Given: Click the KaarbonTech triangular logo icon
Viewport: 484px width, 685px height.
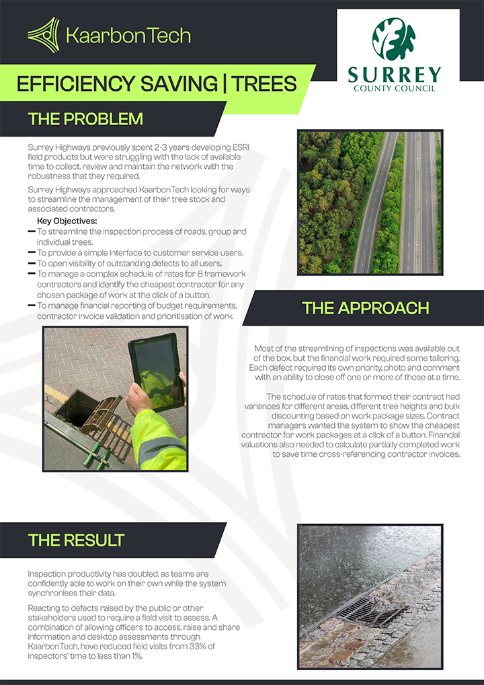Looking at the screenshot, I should coord(44,35).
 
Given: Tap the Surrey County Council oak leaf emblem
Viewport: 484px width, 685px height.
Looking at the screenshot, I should coord(394,39).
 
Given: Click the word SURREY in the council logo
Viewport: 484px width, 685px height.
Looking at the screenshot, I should coord(394,74).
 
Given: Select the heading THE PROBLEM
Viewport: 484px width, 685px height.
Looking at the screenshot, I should coord(85,119).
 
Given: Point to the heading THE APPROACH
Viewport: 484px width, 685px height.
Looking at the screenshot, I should coord(365,308).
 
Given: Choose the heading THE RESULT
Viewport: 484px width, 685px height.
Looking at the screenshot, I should coord(76,540).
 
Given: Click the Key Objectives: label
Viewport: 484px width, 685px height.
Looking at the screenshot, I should coord(67,221).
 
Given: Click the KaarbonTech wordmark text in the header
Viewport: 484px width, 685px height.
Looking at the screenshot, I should coord(128,35).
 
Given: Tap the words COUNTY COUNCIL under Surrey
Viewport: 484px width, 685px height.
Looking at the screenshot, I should coord(394,88).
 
